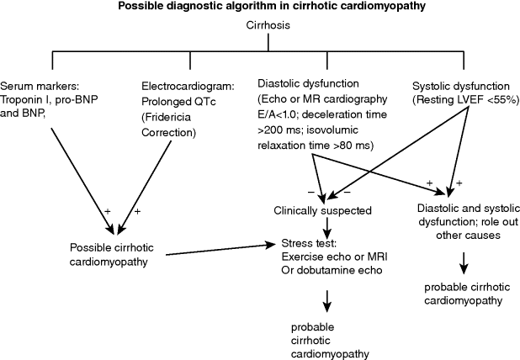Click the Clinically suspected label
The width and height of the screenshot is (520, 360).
(322, 209)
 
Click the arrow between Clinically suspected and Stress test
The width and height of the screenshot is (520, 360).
(324, 227)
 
